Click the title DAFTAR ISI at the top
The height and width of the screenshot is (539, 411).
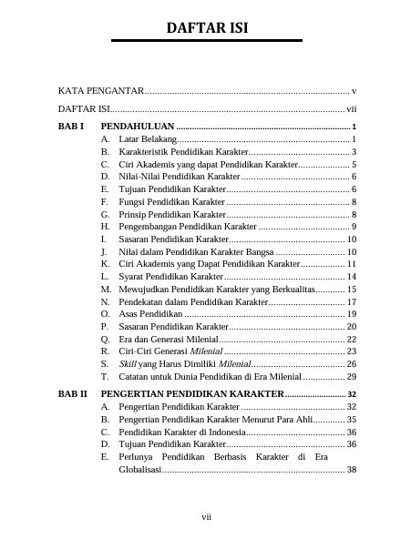(206, 29)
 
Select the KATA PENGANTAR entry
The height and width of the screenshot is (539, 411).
(100, 92)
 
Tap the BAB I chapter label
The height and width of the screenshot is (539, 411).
(70, 126)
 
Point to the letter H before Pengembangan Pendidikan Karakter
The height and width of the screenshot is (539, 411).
(106, 226)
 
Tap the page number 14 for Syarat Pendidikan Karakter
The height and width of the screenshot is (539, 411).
(352, 276)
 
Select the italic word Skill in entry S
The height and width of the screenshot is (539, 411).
(127, 363)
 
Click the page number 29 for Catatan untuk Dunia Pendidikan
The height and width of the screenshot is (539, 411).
(352, 376)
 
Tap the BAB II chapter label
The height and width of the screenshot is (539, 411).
(72, 394)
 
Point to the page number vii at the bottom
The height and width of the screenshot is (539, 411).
(206, 517)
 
